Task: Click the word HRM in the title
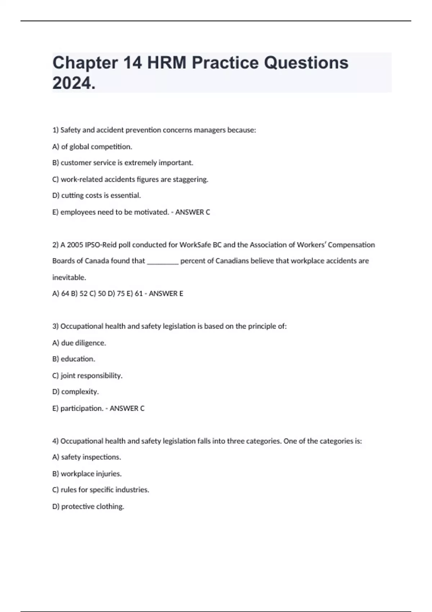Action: click(x=167, y=63)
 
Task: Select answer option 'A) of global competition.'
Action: click(x=92, y=147)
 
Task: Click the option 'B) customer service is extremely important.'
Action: click(x=123, y=163)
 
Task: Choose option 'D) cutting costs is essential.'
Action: click(x=96, y=195)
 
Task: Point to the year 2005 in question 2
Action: click(x=75, y=245)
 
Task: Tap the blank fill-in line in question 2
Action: click(x=163, y=261)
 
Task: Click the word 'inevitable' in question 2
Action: click(x=69, y=278)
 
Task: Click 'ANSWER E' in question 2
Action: click(x=166, y=294)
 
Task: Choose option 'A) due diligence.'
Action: click(x=79, y=343)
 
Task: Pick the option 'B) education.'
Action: click(x=74, y=359)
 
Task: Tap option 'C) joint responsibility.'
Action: click(x=87, y=376)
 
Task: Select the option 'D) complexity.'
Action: click(x=76, y=392)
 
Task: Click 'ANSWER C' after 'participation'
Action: click(x=127, y=408)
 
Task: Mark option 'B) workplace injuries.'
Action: click(x=87, y=474)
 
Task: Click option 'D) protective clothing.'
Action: click(x=88, y=507)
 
